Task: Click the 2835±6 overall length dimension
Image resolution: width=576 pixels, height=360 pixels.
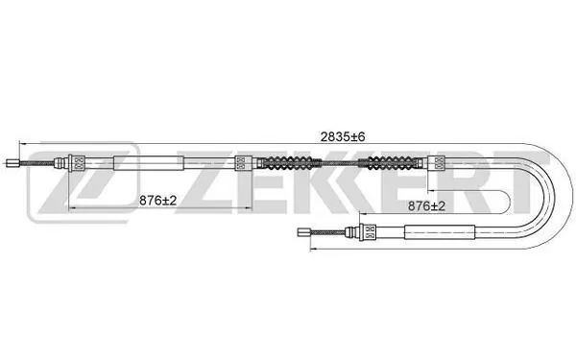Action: click(x=343, y=137)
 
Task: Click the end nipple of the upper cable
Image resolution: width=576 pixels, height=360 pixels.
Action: click(x=12, y=163)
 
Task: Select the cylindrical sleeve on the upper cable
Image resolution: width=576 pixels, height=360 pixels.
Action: click(x=146, y=163)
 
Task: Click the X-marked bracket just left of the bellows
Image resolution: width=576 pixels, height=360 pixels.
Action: click(x=242, y=163)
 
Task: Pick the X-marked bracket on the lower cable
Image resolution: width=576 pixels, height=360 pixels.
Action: click(x=368, y=230)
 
